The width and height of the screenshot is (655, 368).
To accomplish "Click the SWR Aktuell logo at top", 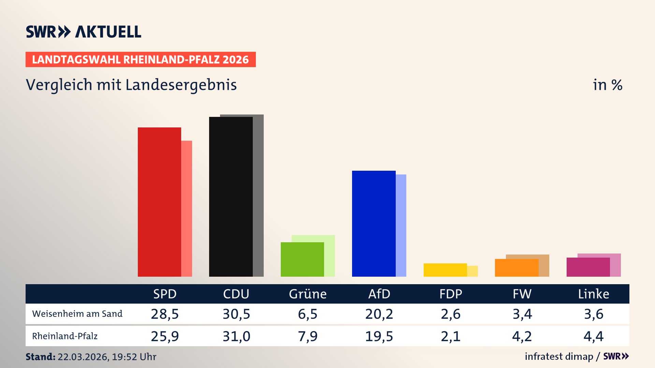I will [84, 32].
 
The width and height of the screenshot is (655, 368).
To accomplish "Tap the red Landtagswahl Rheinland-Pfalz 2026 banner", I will [140, 60].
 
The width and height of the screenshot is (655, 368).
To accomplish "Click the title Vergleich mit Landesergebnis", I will [131, 85].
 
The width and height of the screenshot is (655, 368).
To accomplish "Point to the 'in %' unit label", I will [608, 85].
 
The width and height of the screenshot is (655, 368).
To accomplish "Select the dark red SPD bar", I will [159, 202].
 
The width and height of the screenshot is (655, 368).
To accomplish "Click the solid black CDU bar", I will [231, 197].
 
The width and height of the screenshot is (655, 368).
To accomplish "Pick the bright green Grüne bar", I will [302, 259].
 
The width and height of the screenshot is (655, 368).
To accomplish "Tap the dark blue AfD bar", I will [374, 224].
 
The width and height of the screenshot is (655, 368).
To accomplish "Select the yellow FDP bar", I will [445, 270].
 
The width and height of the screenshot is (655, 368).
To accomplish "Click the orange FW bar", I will [516, 268].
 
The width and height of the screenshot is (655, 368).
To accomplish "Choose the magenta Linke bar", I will [588, 267].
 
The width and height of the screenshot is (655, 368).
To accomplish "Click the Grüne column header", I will [308, 294].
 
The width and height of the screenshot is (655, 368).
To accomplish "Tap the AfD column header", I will [379, 294].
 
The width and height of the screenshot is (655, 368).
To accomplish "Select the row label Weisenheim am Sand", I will [77, 314].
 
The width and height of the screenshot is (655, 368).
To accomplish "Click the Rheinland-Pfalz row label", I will [65, 336].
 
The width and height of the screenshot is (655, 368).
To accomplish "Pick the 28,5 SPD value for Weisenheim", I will [165, 314].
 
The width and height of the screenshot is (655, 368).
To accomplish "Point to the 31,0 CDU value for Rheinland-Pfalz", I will [236, 336].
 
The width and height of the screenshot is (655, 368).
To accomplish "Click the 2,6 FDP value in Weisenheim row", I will [451, 314].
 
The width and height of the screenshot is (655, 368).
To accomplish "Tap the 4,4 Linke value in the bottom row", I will [594, 336].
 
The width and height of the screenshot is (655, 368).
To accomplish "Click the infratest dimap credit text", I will [559, 356].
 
